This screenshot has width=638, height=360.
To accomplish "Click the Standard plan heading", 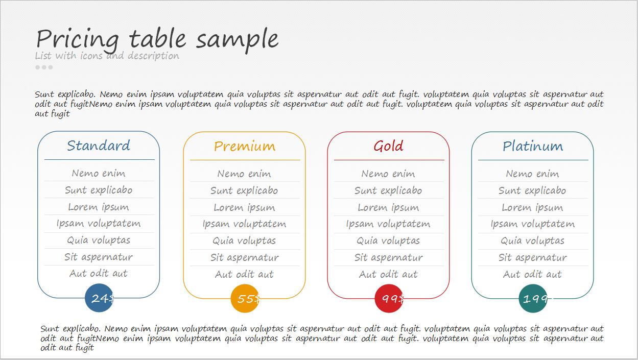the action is pyautogui.click(x=99, y=146).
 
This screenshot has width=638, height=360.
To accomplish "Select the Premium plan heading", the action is pyautogui.click(x=245, y=147).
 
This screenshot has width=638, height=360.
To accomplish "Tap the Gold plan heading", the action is pyautogui.click(x=389, y=146).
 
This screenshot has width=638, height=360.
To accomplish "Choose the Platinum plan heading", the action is pyautogui.click(x=533, y=147).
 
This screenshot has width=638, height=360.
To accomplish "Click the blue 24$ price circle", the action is pyautogui.click(x=99, y=298).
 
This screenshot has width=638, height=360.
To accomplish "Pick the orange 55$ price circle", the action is pyautogui.click(x=245, y=299).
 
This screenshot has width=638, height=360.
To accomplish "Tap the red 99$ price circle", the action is pyautogui.click(x=389, y=299).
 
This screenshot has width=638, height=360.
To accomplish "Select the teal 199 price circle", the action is pyautogui.click(x=533, y=299).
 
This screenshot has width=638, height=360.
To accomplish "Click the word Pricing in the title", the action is pyautogui.click(x=78, y=40).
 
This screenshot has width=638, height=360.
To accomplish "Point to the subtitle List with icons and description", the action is pyautogui.click(x=107, y=56).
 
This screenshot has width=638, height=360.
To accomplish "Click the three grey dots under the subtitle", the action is pyautogui.click(x=44, y=67).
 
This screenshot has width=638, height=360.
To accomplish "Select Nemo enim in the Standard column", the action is pyautogui.click(x=99, y=173).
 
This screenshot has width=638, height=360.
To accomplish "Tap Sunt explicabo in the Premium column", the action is pyautogui.click(x=244, y=190).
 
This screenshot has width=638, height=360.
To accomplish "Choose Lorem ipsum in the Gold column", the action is pyautogui.click(x=389, y=208).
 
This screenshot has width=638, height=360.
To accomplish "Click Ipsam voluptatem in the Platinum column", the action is pyautogui.click(x=533, y=224).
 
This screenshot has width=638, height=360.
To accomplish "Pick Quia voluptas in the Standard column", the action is pyautogui.click(x=99, y=241).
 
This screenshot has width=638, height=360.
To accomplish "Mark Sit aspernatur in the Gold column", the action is pyautogui.click(x=389, y=258).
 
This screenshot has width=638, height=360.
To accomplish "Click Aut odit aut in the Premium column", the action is pyautogui.click(x=244, y=274).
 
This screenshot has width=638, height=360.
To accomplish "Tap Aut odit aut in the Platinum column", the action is pyautogui.click(x=533, y=274).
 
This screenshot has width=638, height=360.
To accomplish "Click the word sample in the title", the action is pyautogui.click(x=238, y=40).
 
